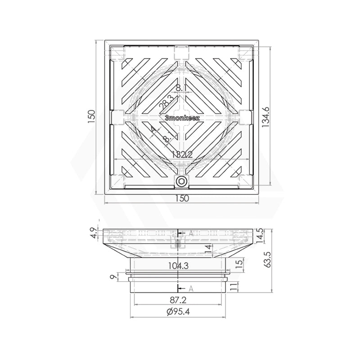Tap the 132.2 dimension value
pos(182,154)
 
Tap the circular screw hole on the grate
pos(181,181)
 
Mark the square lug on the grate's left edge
pos(117,117)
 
